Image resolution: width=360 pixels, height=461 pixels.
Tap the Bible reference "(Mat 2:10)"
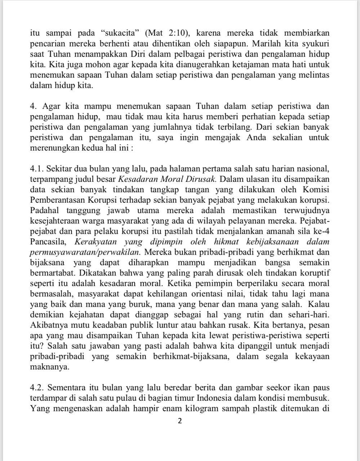point(167,33)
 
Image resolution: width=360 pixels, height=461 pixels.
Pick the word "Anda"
point(256,138)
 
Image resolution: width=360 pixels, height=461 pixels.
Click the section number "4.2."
point(37,388)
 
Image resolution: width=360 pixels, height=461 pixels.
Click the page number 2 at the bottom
point(180,421)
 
